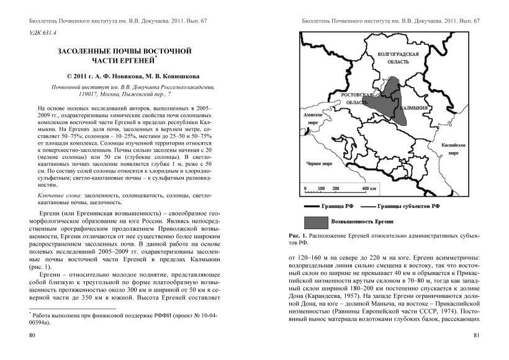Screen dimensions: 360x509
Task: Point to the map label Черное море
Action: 319,164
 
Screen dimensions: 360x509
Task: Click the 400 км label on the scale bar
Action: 369,189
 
